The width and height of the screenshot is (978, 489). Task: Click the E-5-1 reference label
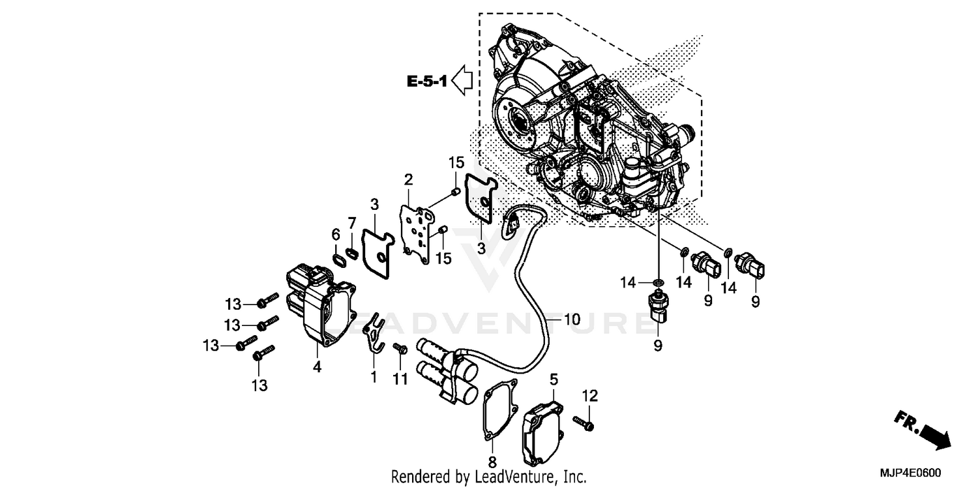426,81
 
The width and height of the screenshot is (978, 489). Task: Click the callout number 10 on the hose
571,319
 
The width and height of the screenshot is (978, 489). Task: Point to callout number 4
317,368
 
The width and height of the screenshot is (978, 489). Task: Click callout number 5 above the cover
554,379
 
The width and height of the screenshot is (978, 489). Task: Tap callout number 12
589,396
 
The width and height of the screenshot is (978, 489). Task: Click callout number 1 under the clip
374,377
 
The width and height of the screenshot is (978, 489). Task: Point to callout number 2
408,179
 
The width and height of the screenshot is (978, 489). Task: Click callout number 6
336,234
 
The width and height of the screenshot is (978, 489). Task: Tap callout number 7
351,223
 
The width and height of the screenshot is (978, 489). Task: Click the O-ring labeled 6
339,259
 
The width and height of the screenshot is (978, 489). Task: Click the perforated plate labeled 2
417,231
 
